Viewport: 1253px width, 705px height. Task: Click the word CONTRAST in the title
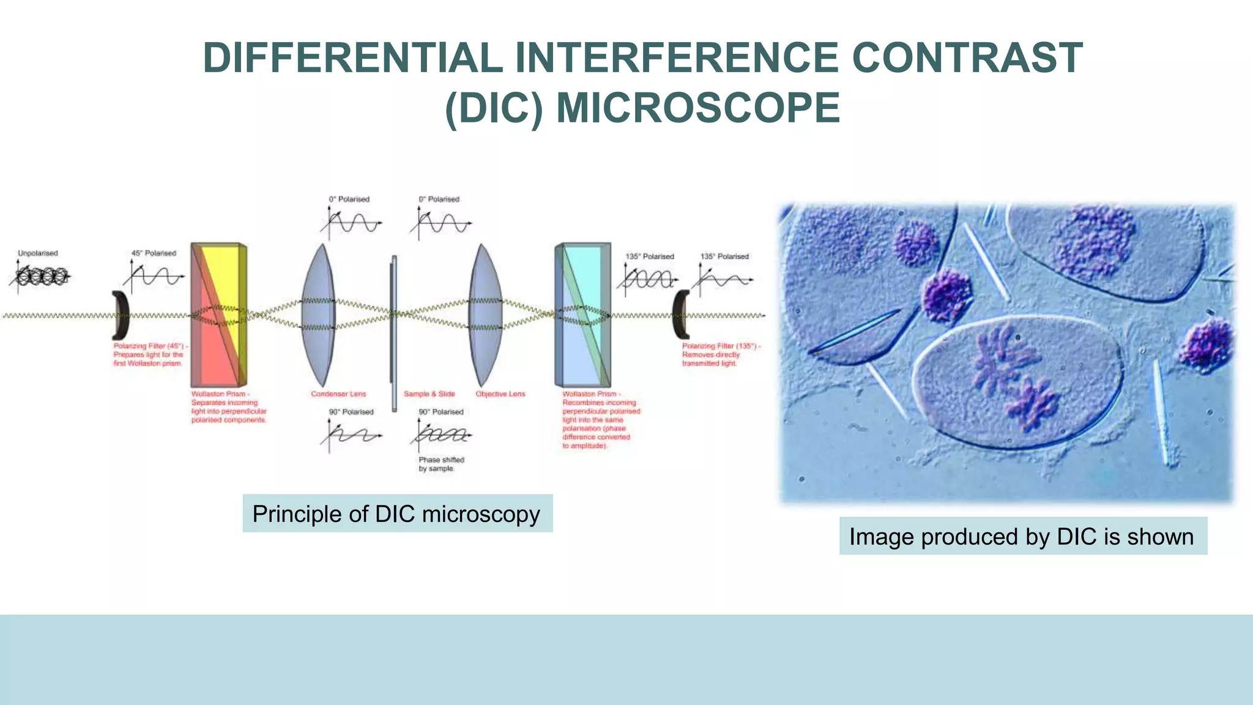(x=967, y=58)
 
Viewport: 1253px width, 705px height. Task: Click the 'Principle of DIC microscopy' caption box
(x=397, y=513)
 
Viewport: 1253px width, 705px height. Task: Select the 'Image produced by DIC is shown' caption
(x=1022, y=536)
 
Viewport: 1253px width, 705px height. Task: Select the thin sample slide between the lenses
(x=393, y=330)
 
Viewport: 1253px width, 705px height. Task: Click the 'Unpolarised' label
(x=38, y=253)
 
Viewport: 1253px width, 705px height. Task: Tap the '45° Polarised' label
(x=154, y=253)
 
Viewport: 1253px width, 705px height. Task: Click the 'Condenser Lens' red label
(x=338, y=394)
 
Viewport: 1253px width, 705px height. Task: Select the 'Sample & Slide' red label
(x=429, y=394)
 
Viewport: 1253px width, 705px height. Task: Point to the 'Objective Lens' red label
(x=500, y=394)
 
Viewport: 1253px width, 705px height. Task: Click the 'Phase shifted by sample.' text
(x=441, y=464)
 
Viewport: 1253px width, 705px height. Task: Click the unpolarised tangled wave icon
(x=40, y=278)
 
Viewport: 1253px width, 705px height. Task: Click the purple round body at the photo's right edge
(x=1208, y=345)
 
